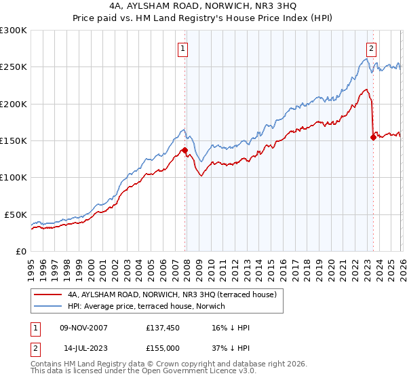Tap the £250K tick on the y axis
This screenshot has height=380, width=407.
13,67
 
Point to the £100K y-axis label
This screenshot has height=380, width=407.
13,177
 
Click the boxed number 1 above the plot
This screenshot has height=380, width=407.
183,48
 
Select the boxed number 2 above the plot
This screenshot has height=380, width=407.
372,48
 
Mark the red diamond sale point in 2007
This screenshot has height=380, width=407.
185,150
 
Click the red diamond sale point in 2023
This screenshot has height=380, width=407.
373,137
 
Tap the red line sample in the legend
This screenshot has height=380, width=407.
49,295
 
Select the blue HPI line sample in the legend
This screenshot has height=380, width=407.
49,306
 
